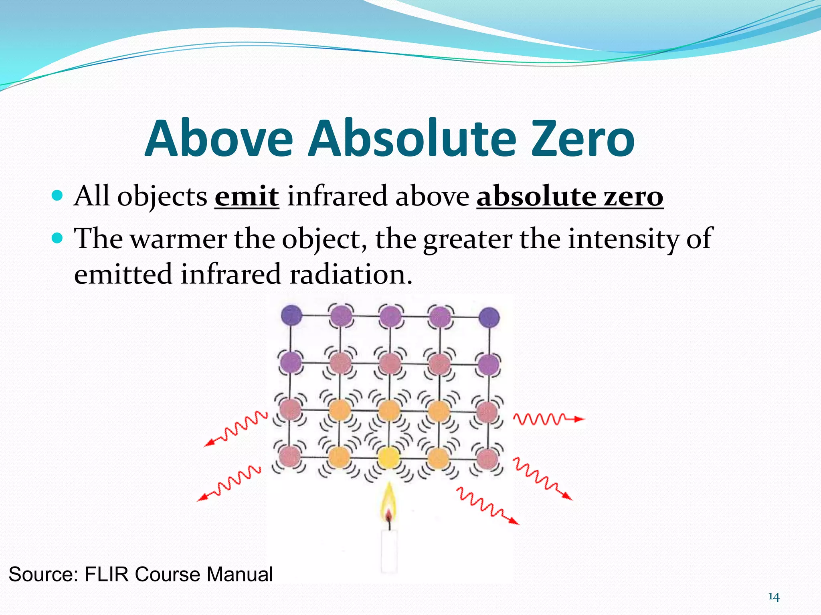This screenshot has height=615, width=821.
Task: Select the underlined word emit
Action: click(247, 197)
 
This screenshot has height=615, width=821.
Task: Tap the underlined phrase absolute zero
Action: click(570, 197)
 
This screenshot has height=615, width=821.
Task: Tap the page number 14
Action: click(773, 597)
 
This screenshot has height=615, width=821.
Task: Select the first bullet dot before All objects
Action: click(58, 195)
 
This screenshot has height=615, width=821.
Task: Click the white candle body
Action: click(389, 551)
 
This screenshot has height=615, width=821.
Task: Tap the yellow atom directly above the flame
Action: click(388, 458)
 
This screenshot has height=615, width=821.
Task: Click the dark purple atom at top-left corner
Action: click(291, 315)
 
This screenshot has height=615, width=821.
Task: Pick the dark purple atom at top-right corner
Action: click(489, 317)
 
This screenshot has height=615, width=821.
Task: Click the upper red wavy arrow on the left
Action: click(237, 429)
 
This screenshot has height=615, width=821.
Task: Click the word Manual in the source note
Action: click(240, 574)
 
